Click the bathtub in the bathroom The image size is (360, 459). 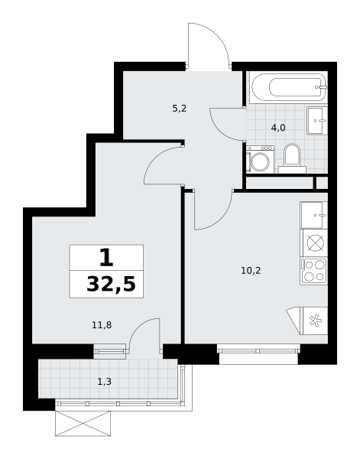(288, 87)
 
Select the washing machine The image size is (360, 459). (260, 160)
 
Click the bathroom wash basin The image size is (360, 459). (317, 120)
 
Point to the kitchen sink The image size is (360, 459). (314, 215)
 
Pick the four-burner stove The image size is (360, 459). (314, 271)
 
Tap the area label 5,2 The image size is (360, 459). (180, 109)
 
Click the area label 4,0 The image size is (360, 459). (278, 128)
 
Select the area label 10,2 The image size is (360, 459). (251, 271)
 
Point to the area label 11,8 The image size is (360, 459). (102, 325)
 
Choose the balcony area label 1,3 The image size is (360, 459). (104, 382)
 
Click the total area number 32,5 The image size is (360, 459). (111, 285)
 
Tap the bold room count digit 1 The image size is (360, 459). (106, 258)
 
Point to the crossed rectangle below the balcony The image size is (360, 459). (83, 424)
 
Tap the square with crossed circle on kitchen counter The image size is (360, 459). (315, 243)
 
